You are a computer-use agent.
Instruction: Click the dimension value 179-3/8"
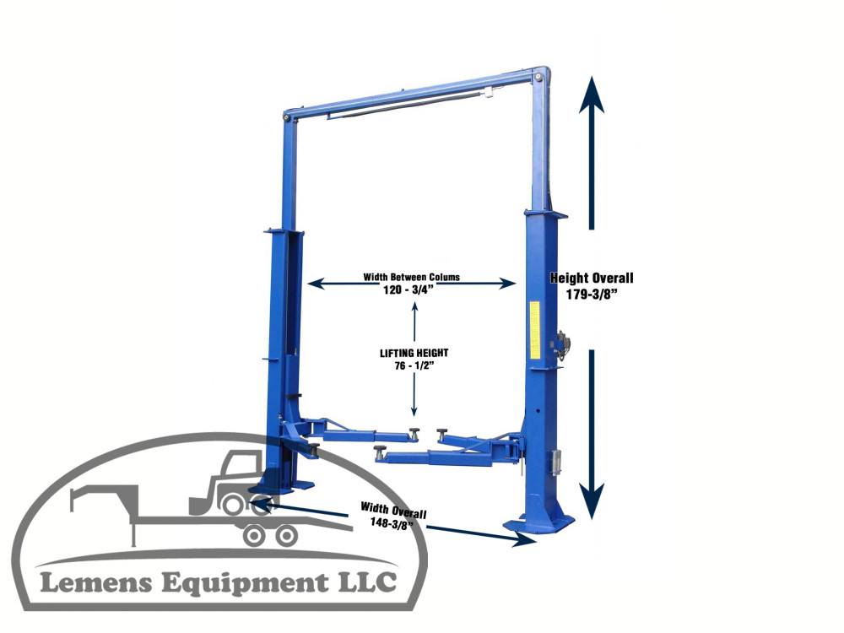(x=591, y=295)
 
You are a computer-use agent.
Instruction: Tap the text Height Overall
(x=592, y=279)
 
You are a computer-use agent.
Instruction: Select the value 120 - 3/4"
(x=408, y=290)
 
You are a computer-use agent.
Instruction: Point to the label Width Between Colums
(x=411, y=277)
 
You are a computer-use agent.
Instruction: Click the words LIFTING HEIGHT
(x=414, y=353)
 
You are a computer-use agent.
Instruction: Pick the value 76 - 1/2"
(x=414, y=366)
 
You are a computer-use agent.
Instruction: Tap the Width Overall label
(x=393, y=510)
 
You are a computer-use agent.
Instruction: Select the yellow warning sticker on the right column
(x=534, y=329)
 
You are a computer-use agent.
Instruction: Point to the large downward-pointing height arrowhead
(x=592, y=501)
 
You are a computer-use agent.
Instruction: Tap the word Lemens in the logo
(x=96, y=583)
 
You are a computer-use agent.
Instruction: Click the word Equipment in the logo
(x=245, y=584)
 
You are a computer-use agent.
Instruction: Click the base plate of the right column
(x=538, y=523)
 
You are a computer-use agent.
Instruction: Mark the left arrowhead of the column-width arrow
(x=316, y=283)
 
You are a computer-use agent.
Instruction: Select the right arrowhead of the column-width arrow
(x=507, y=283)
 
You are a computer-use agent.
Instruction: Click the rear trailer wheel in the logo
(x=286, y=536)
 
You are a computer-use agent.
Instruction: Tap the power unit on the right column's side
(x=563, y=345)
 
